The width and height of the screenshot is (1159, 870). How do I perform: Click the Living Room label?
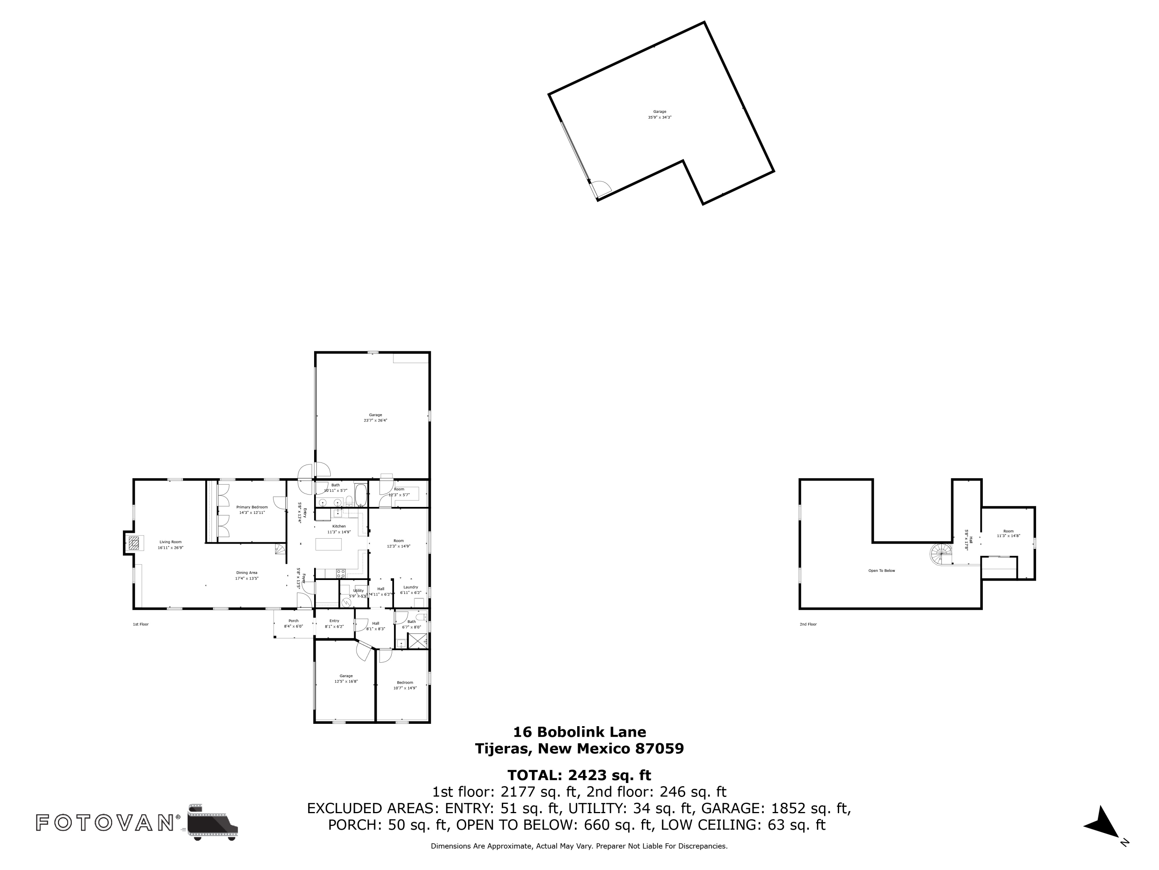[x=170, y=542]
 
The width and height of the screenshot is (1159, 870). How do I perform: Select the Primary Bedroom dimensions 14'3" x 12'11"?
[x=252, y=512]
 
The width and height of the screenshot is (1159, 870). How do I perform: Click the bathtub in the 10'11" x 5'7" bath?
[x=361, y=494]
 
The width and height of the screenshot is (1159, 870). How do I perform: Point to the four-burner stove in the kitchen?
[x=341, y=573]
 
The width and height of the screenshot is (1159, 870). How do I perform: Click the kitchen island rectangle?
[x=328, y=544]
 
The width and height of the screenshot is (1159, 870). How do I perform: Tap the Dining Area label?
[x=246, y=573]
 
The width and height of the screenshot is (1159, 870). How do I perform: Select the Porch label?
[x=293, y=621]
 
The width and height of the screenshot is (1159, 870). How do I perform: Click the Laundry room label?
[x=411, y=587]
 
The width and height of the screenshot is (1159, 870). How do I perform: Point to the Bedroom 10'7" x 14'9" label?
[x=405, y=683]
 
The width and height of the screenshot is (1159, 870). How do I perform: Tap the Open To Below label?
[x=882, y=571]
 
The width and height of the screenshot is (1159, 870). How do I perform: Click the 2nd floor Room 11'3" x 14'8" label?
[x=1008, y=531]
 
